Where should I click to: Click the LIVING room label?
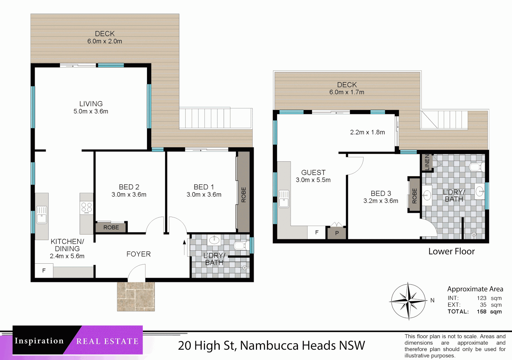[x=91, y=104]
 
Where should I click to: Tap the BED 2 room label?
[x=129, y=187]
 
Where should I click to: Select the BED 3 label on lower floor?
[x=381, y=193]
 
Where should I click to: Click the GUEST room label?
[x=313, y=172]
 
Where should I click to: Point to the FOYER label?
[x=138, y=254]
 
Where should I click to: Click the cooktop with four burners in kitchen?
[x=86, y=208]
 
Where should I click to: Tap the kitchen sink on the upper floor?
[x=42, y=215]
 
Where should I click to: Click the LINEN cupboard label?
[x=427, y=162]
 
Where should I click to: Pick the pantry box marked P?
[x=337, y=233]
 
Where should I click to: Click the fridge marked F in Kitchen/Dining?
[x=44, y=271]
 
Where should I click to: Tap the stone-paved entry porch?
[x=136, y=296]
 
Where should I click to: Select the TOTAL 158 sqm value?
[x=489, y=312]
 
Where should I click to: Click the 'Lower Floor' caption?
[x=451, y=251]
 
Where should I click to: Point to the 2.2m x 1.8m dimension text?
[x=367, y=132]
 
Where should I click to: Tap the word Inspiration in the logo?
[x=39, y=341]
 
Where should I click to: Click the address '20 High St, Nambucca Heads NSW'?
[x=271, y=345]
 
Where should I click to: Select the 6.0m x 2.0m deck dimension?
[x=105, y=41]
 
